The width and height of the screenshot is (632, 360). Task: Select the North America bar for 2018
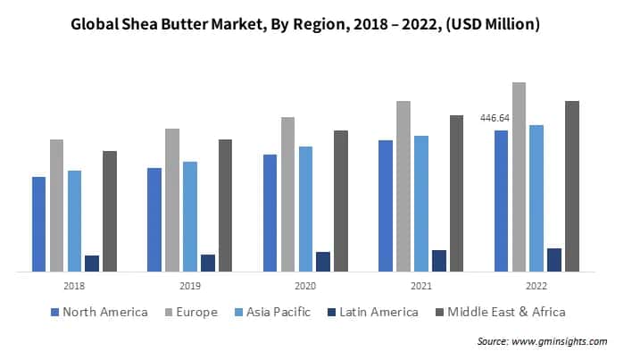tap(38, 224)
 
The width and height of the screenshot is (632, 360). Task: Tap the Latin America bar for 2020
tap(323, 261)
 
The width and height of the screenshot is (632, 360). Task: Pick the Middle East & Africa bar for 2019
tap(225, 205)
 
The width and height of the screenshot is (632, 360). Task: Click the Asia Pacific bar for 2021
tap(420, 204)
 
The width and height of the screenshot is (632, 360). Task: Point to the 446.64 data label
tap(495, 118)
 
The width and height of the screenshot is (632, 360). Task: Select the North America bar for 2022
tap(501, 201)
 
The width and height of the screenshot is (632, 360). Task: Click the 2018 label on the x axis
tap(74, 286)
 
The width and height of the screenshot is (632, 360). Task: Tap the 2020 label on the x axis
tap(305, 286)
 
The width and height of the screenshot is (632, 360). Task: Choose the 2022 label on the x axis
tap(536, 286)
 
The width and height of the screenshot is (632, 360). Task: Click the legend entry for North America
tap(99, 312)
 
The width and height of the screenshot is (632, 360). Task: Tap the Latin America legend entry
tap(372, 312)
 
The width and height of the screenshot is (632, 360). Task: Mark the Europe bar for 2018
tap(56, 205)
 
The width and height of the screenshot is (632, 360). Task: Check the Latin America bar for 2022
tap(554, 259)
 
